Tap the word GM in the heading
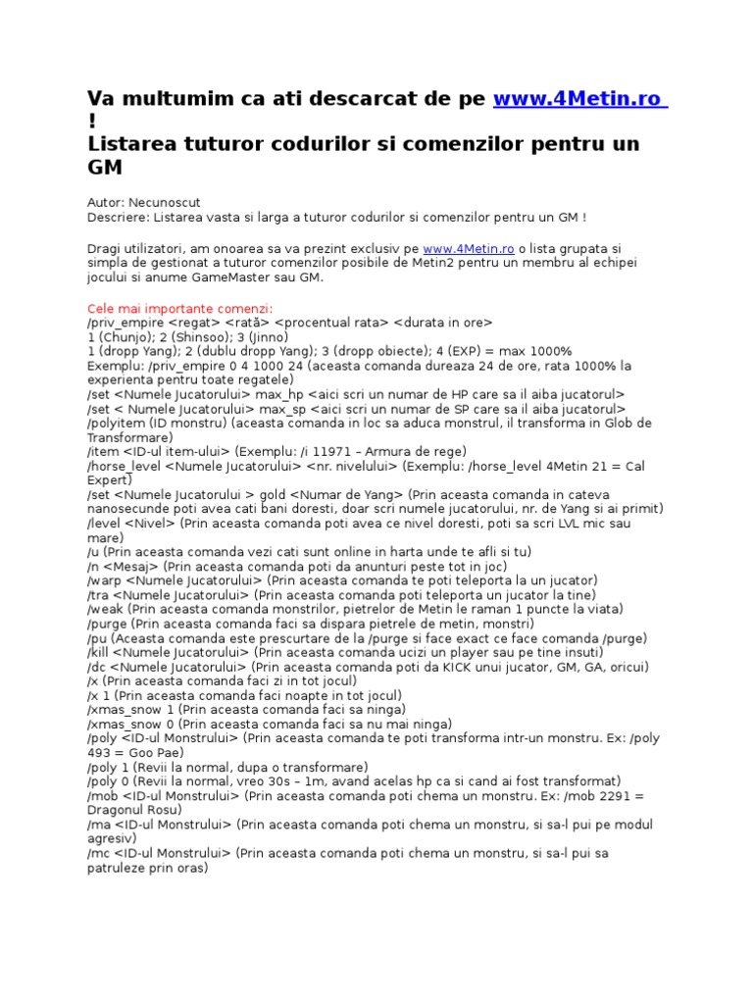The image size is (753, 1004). click(105, 168)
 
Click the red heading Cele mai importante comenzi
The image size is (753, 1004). click(179, 308)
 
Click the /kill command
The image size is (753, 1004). click(101, 651)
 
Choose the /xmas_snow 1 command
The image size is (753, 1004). click(133, 708)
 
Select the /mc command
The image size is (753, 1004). click(98, 852)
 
